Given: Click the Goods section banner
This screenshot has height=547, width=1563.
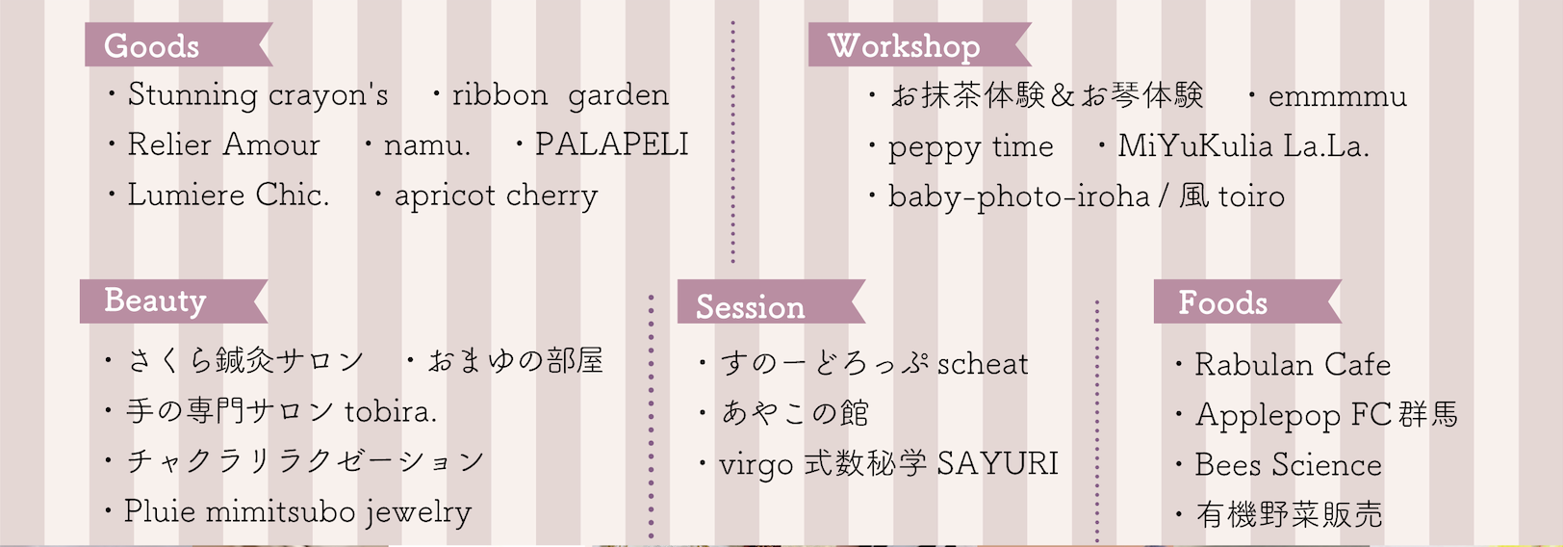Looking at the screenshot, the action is pyautogui.click(x=178, y=44).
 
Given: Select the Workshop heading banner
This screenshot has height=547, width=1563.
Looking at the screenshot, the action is pyautogui.click(x=919, y=44).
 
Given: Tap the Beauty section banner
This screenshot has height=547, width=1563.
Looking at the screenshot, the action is pyautogui.click(x=173, y=301).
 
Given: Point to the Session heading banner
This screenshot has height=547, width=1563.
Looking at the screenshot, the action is pyautogui.click(x=771, y=301).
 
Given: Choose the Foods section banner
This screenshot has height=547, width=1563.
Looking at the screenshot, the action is pyautogui.click(x=1247, y=301).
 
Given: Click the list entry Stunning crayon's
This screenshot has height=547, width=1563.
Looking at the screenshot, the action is pyautogui.click(x=258, y=95).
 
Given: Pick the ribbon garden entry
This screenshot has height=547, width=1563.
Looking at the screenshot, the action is pyautogui.click(x=560, y=95).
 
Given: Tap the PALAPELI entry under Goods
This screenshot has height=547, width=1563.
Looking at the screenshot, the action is pyautogui.click(x=612, y=144).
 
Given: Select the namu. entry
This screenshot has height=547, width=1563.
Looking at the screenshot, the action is pyautogui.click(x=427, y=145).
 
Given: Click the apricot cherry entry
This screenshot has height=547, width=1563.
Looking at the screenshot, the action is pyautogui.click(x=496, y=196).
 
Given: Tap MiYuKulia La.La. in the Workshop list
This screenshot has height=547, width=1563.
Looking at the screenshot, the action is pyautogui.click(x=1243, y=146).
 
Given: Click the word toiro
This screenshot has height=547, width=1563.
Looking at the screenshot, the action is pyautogui.click(x=1252, y=197).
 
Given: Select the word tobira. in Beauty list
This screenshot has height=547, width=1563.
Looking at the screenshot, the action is pyautogui.click(x=391, y=411).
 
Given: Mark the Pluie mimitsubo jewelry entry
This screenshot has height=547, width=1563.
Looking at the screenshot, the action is pyautogui.click(x=298, y=512).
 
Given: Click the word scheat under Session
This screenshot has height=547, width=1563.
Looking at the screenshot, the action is pyautogui.click(x=983, y=364).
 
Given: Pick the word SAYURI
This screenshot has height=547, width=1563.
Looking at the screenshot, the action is pyautogui.click(x=997, y=464).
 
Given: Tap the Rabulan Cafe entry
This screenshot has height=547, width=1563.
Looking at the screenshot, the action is pyautogui.click(x=1293, y=365).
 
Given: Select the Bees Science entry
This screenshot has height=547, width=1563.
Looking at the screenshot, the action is pyautogui.click(x=1288, y=465).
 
